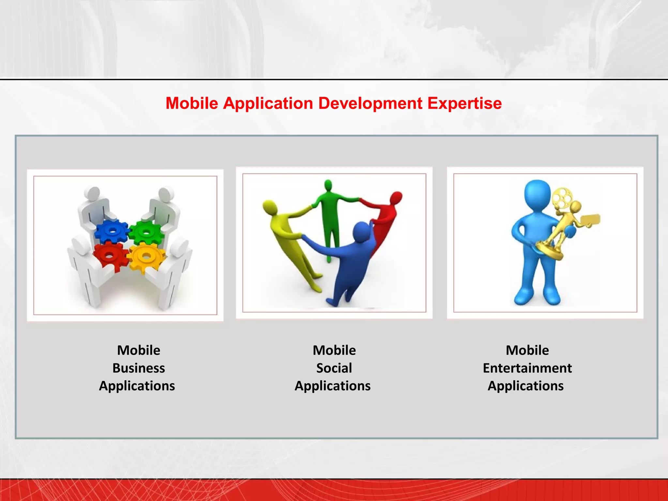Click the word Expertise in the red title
[x=464, y=103]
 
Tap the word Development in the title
[x=370, y=103]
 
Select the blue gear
[x=112, y=231]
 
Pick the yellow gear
[x=146, y=257]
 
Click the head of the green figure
[x=328, y=186]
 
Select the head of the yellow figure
[x=270, y=206]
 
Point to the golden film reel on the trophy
[x=562, y=198]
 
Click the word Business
[x=139, y=368]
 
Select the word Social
[x=334, y=368]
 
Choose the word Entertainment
[x=527, y=368]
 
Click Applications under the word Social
[x=332, y=386]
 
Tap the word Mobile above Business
[x=139, y=350]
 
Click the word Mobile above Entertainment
[x=527, y=350]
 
